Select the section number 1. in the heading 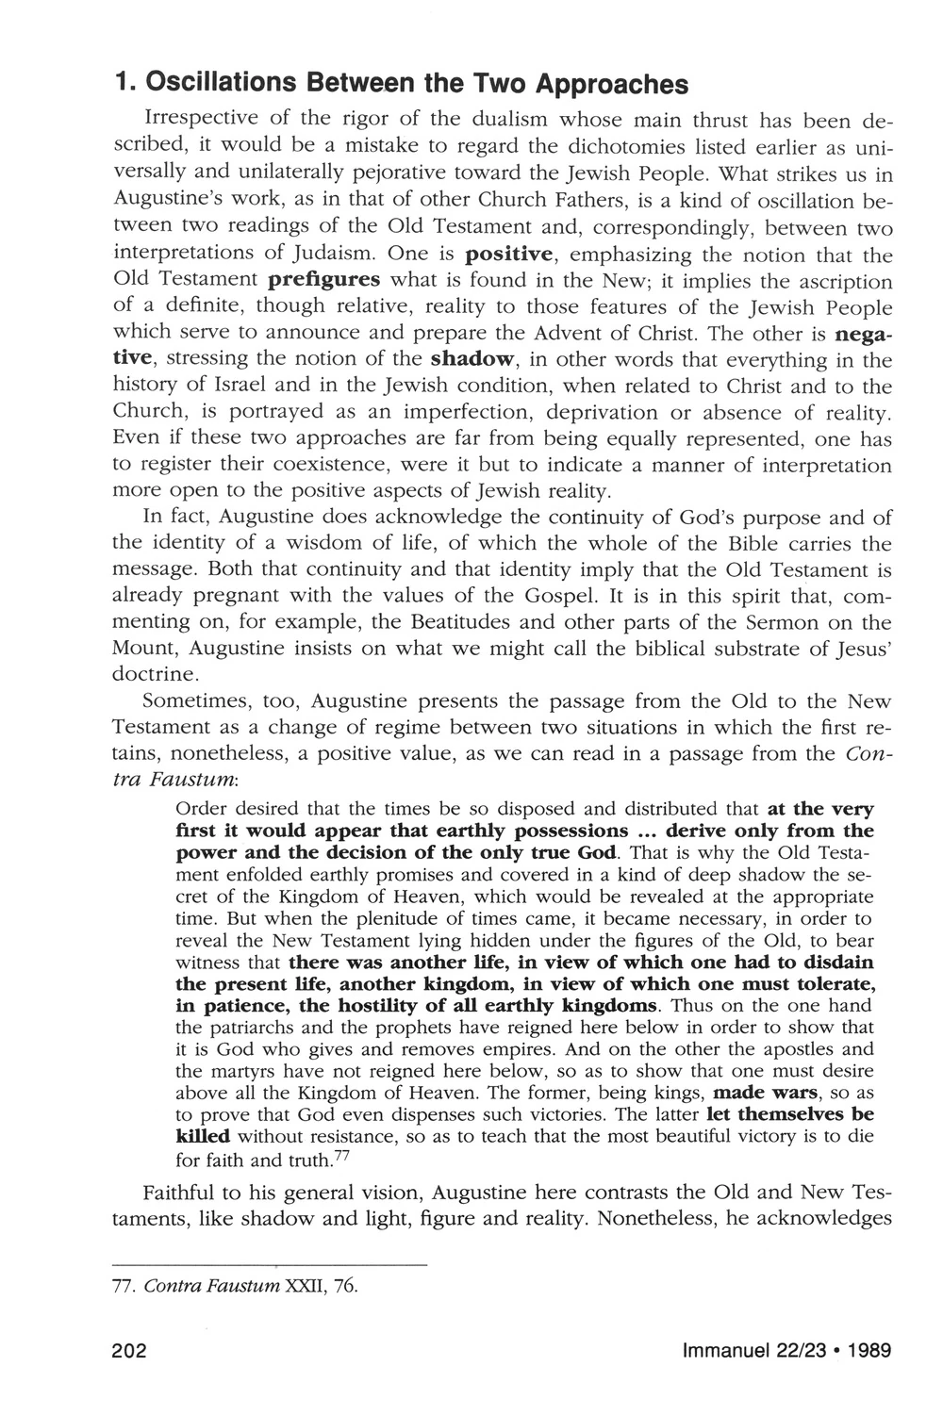122,85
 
